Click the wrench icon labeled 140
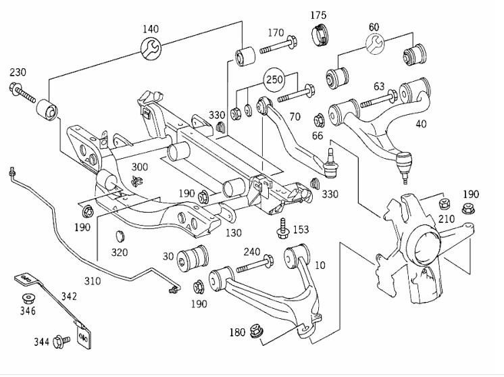151,49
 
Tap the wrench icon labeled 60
375,44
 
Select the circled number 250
274,79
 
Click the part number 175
318,15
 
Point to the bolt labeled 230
22,93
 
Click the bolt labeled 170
278,45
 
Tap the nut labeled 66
319,120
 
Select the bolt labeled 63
378,99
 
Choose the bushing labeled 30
193,258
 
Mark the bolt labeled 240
255,264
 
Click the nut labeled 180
257,330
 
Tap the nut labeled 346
28,299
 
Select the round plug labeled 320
120,236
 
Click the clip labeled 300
137,182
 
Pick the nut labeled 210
444,204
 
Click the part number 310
93,281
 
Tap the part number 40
421,124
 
